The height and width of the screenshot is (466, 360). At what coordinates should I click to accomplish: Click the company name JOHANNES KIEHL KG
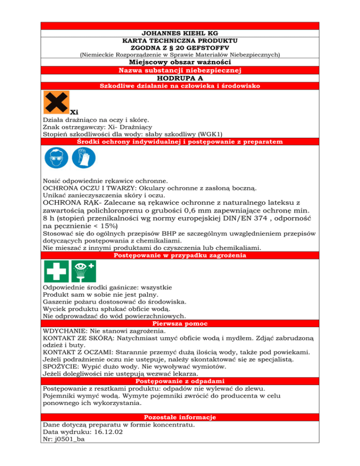180,34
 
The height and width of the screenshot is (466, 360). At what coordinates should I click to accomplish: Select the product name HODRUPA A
180,79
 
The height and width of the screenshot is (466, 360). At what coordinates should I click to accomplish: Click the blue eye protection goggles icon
56,158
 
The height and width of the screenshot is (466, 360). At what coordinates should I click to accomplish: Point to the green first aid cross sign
56,271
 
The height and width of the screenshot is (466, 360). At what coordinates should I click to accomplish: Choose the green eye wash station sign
83,271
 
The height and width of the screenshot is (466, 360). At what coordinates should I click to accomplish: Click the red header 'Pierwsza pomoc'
180,323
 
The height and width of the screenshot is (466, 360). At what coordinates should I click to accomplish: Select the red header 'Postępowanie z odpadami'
180,381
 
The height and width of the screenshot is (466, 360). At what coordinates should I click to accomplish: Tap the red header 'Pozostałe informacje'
180,417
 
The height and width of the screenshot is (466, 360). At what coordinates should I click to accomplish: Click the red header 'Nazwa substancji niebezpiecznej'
180,70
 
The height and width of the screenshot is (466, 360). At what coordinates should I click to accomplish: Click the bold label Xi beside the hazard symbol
74,112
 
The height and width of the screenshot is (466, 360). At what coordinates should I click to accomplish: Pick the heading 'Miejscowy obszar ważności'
180,62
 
